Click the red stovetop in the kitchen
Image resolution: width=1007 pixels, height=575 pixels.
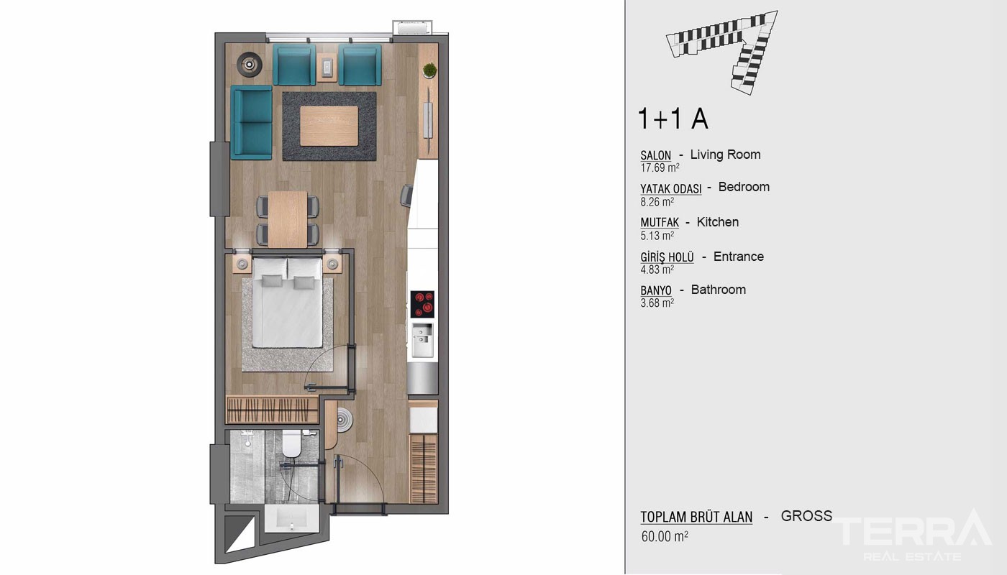tap(422, 303)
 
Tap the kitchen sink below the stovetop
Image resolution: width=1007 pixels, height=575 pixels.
tap(423, 339)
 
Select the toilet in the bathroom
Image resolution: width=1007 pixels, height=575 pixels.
tap(291, 443)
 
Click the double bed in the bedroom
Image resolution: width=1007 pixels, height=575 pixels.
tap(287, 303)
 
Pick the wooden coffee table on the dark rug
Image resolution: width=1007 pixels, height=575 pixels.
tap(329, 126)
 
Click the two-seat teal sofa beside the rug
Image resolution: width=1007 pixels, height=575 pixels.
tap(251, 122)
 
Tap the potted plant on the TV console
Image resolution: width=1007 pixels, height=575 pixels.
tap(429, 70)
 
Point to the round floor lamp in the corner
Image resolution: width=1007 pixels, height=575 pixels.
tap(249, 64)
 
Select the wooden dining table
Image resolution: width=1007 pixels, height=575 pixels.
tap(288, 220)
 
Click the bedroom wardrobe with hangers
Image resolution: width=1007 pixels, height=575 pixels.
tap(271, 409)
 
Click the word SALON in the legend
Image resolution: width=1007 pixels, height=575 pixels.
tap(655, 155)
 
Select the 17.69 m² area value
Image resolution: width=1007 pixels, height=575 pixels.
tap(660, 168)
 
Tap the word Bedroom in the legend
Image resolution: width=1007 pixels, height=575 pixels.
tap(744, 187)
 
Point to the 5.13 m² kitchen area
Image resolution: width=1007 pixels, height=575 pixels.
tap(657, 236)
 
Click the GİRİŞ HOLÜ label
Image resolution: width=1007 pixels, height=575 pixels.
tap(667, 257)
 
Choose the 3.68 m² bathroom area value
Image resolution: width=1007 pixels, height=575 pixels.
tap(657, 303)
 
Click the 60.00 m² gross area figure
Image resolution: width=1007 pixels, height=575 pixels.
tap(665, 536)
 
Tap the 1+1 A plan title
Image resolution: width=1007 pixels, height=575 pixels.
tap(673, 119)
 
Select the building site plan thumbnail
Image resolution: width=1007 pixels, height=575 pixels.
tap(722, 52)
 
